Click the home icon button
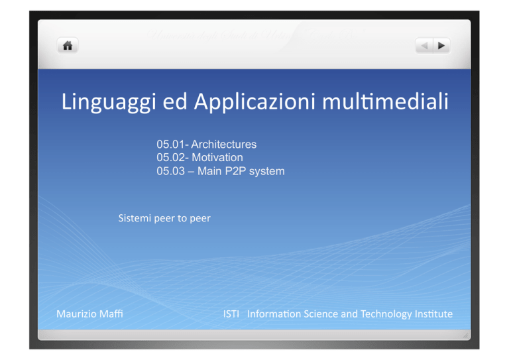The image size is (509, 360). (x=68, y=46)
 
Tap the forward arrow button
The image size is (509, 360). (x=441, y=46)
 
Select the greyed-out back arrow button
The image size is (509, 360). (x=424, y=46)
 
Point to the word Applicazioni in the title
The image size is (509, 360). (x=254, y=101)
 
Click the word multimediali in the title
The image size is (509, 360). (x=385, y=101)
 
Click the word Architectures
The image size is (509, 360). (x=223, y=144)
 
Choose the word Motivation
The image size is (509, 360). (x=217, y=157)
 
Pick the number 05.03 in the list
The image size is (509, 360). (x=171, y=171)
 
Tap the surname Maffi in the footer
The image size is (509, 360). (x=111, y=314)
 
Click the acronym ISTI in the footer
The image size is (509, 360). (x=231, y=314)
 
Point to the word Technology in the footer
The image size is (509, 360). (x=386, y=314)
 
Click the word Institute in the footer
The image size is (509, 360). (x=433, y=314)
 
